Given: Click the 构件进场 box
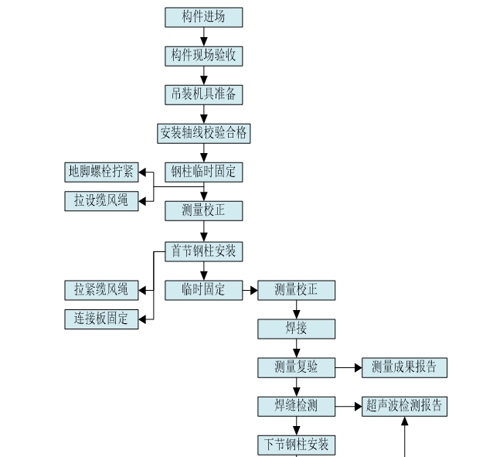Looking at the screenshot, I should tap(203, 17).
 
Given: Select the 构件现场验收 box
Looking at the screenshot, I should tap(203, 56).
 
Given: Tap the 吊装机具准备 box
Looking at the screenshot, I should tap(203, 94).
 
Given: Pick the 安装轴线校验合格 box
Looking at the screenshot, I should tap(203, 133).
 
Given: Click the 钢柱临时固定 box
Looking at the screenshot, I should tap(203, 172).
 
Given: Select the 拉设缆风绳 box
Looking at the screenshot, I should tap(101, 200).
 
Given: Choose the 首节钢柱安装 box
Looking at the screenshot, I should tap(203, 251).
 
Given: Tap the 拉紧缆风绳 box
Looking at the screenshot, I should tap(101, 290).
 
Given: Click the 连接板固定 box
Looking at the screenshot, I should tap(101, 318).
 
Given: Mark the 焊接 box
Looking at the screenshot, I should tap(296, 329).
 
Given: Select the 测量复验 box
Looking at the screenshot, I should tap(296, 367).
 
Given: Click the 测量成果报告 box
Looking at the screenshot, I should tap(404, 367).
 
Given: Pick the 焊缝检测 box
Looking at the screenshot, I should tap(296, 406).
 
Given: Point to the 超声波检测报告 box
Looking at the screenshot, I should tap(404, 406).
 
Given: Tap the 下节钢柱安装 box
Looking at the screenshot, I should tap(296, 445).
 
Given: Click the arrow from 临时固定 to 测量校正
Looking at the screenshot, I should tap(250, 291).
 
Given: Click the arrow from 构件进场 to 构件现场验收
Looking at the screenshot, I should tap(204, 36).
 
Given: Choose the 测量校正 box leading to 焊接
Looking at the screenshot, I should tap(296, 290).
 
